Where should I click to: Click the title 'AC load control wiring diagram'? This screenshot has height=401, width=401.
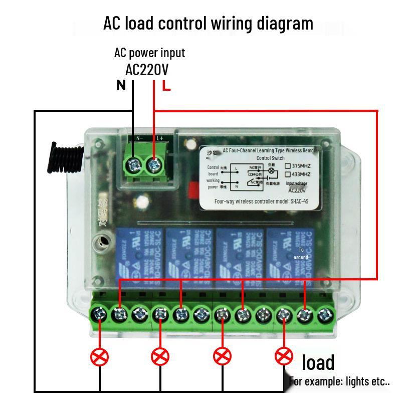pos(208,23)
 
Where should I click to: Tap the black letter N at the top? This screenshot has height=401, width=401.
pos(121,86)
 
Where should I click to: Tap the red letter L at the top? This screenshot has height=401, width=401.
pos(166,86)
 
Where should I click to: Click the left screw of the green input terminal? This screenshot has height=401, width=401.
pos(133,163)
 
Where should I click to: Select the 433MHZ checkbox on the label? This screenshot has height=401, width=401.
pos(288,174)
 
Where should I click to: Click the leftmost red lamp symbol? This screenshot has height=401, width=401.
pos(99,357)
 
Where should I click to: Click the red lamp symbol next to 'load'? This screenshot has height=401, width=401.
pos(284,357)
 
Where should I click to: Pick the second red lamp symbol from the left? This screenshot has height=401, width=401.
pos(160,357)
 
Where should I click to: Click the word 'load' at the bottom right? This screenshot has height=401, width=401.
pos(318,362)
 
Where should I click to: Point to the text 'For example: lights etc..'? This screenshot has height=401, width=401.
pos(339,381)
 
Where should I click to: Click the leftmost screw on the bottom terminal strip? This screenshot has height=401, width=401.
pos(99,315)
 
